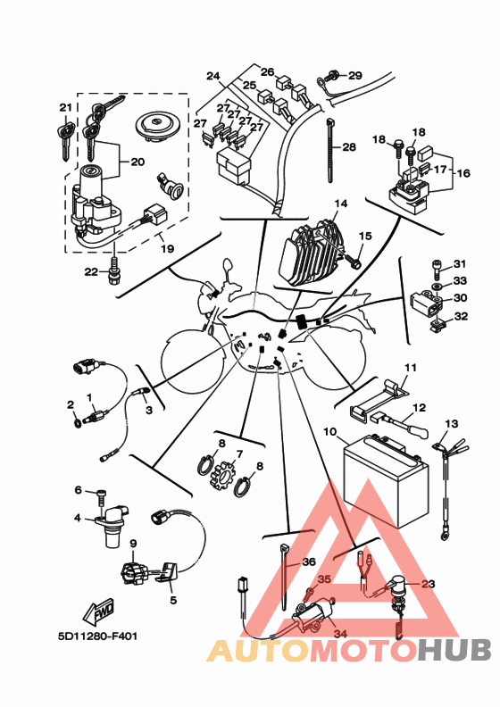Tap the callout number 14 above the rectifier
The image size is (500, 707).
341,204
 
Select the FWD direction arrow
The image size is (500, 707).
98,611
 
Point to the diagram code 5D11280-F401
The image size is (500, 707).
98,636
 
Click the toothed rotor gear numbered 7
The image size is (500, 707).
222,474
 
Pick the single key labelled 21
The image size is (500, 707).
65,137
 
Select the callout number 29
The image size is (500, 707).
355,75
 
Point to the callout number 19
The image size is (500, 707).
167,248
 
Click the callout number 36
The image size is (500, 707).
309,561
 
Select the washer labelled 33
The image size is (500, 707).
437,287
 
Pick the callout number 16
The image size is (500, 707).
463,172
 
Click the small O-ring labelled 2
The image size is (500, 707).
77,422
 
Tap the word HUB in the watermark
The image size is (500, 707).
454,650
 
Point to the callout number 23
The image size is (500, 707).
429,584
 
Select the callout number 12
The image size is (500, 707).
420,408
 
